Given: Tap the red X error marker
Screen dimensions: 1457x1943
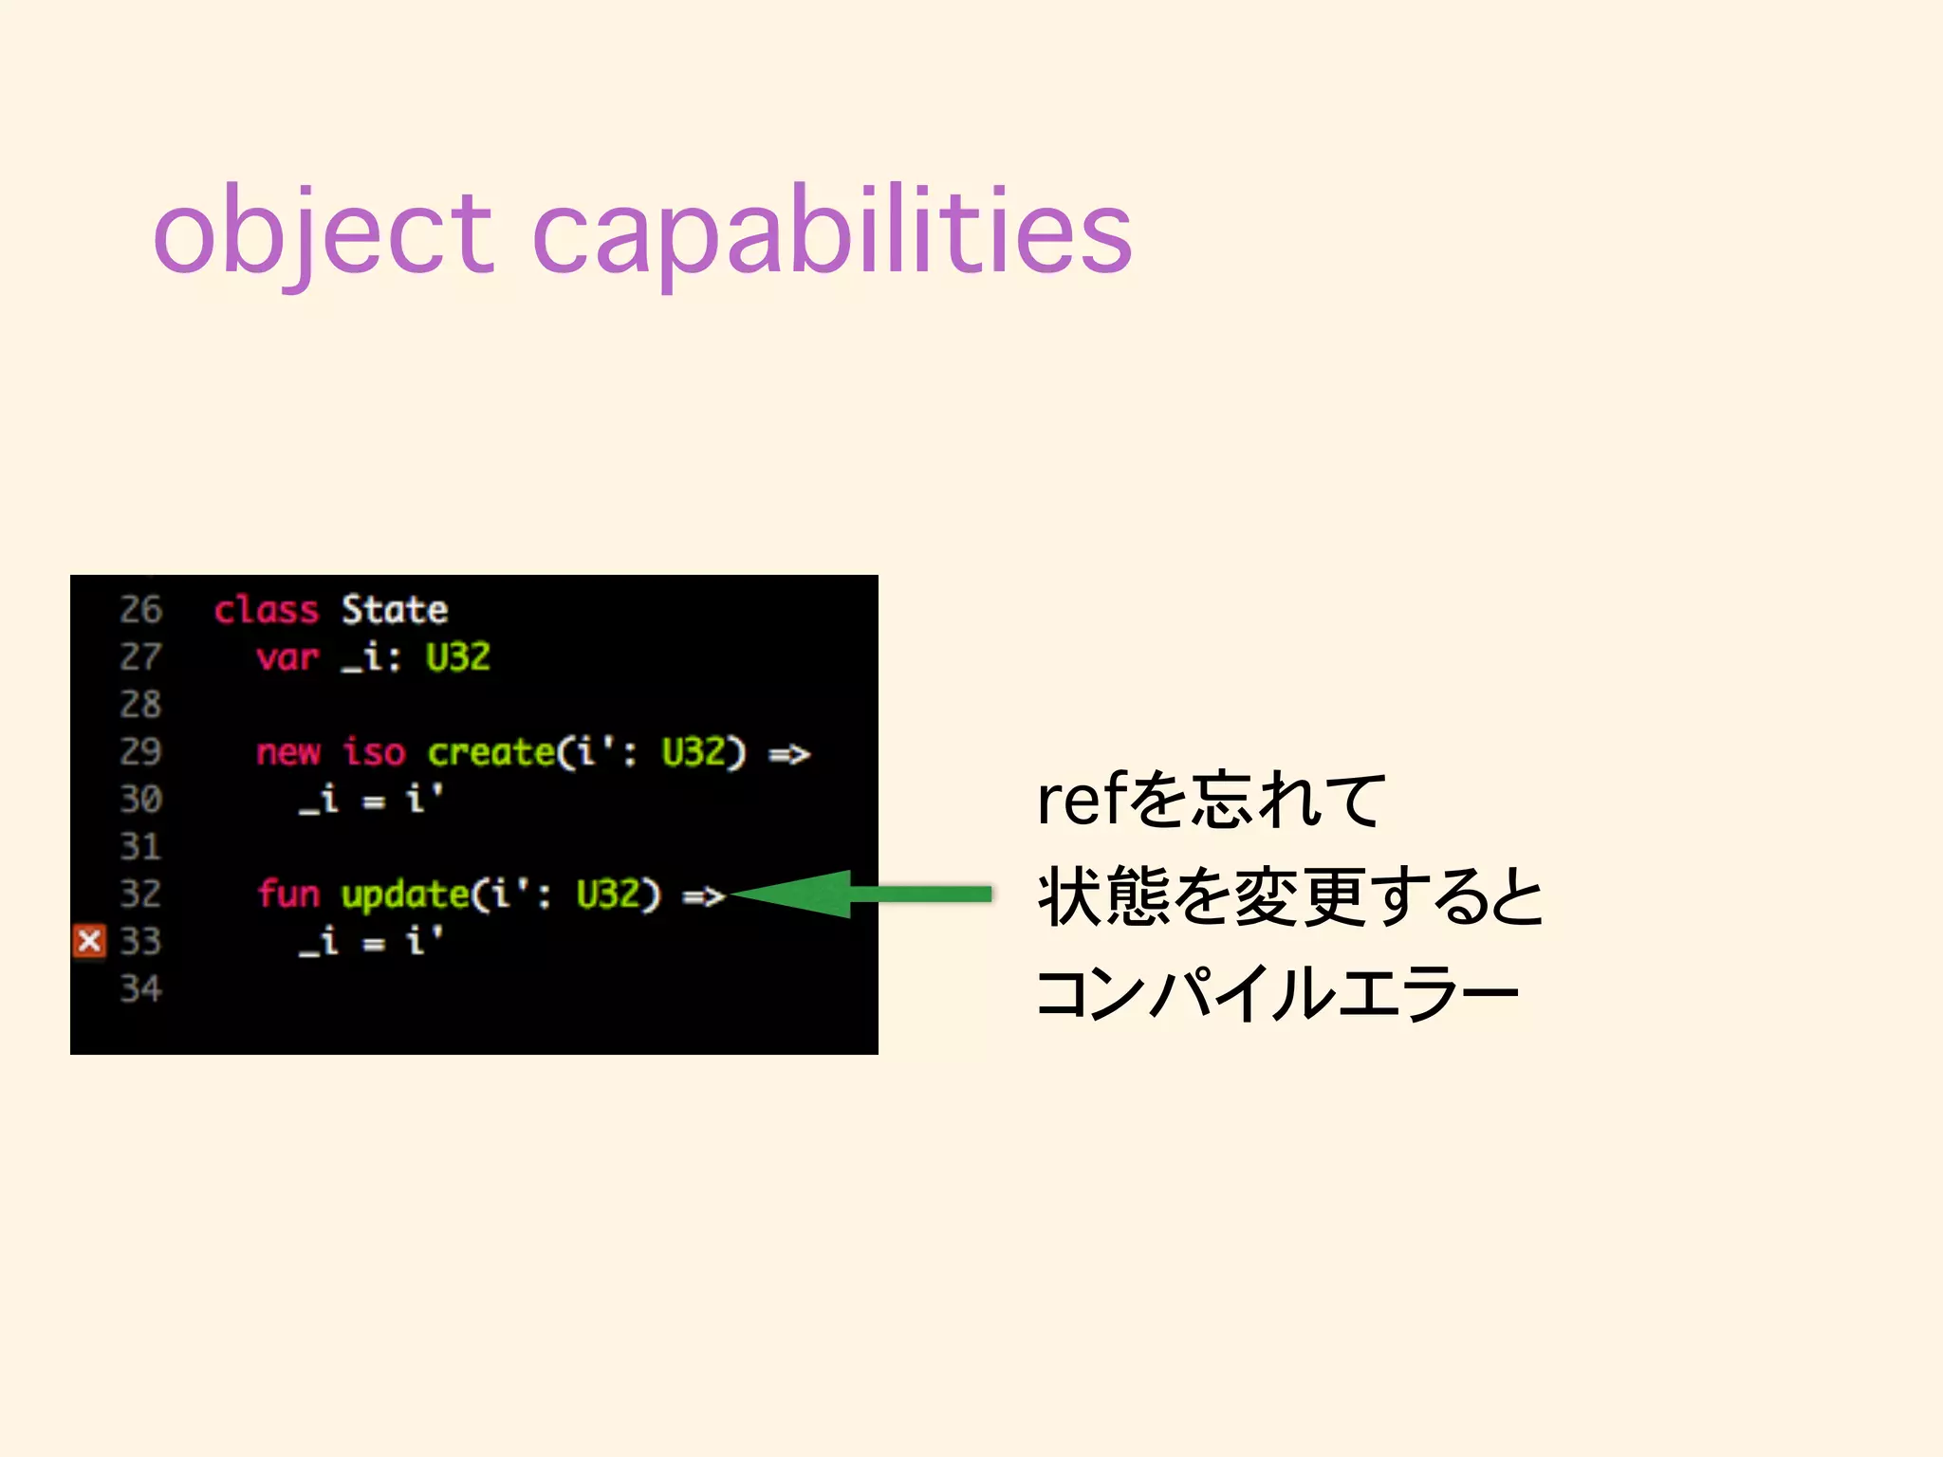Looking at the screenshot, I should click(89, 941).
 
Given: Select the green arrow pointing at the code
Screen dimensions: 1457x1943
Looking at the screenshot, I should click(859, 894).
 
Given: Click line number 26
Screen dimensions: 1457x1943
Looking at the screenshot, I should click(140, 610).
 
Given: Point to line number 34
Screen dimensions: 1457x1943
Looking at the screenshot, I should click(140, 989).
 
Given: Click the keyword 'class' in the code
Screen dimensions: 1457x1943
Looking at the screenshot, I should click(266, 610).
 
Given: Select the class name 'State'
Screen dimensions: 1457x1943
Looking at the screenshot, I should click(394, 610).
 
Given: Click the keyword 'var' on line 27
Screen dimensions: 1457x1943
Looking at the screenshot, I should click(287, 657).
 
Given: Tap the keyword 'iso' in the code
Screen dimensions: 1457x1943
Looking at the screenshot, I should click(374, 752).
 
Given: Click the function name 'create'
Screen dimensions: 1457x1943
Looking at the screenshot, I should click(490, 752).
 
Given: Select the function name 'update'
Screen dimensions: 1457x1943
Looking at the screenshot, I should click(405, 894).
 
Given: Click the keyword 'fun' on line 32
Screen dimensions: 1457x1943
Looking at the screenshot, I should click(287, 894).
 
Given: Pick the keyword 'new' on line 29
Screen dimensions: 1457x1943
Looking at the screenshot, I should click(287, 752).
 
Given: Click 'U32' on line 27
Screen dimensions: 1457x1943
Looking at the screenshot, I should click(457, 657).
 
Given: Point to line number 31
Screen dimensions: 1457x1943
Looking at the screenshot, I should click(140, 847).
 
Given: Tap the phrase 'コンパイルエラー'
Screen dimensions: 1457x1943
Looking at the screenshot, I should click(1276, 993).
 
